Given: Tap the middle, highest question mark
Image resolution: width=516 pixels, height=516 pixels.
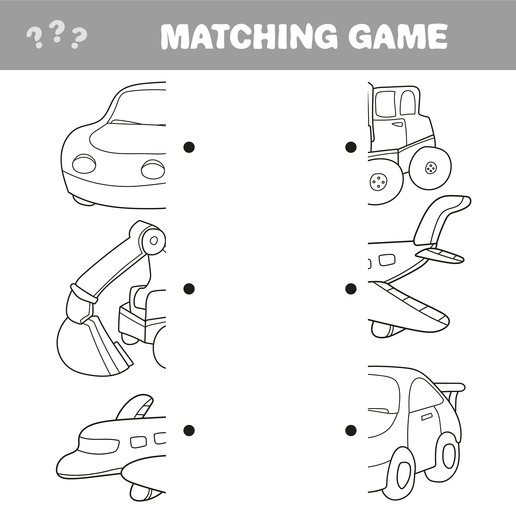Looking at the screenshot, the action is (57, 32).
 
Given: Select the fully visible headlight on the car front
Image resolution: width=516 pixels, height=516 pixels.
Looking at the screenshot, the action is (84, 164).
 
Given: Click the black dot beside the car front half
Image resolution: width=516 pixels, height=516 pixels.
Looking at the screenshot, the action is (189, 147).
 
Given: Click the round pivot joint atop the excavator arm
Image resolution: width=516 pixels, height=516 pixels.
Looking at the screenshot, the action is (153, 240).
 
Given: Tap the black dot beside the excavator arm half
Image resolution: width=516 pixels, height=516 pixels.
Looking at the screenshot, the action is (189, 288).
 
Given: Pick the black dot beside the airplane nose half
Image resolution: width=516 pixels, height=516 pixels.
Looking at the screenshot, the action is (189, 430).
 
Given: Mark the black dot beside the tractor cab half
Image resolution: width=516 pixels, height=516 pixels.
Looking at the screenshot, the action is (351, 147).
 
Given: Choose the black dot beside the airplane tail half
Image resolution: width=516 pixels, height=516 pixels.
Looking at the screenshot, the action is (351, 288).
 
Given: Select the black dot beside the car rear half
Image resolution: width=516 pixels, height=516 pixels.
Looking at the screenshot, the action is (351, 430).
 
